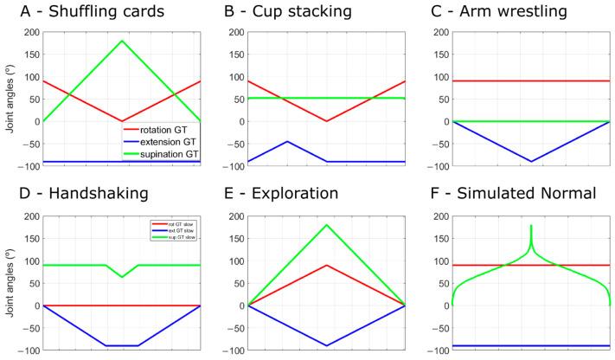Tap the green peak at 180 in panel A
(x=122, y=41)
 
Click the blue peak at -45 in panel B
(x=287, y=141)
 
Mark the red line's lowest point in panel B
(x=326, y=121)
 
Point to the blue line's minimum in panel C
(x=530, y=161)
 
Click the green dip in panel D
(x=122, y=277)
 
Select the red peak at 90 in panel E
(x=326, y=265)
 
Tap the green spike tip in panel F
(x=530, y=225)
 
